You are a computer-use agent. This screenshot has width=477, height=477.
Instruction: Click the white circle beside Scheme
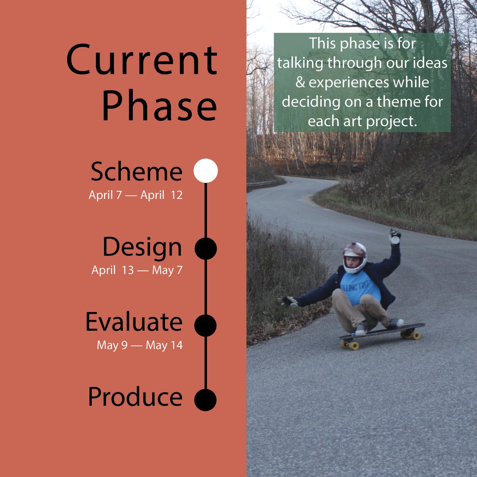click(206, 171)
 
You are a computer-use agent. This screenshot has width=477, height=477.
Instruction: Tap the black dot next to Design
click(206, 248)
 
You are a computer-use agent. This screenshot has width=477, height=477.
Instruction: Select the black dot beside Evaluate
click(206, 325)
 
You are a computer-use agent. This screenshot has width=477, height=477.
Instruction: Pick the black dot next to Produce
click(206, 399)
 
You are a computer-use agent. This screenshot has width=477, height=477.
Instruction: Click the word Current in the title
click(142, 60)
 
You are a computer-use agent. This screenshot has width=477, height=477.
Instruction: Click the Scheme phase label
click(136, 172)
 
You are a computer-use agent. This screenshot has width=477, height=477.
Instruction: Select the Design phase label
click(142, 247)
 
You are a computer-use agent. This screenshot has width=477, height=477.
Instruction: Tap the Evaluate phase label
click(134, 322)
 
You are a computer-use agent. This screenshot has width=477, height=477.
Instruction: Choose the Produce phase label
click(135, 397)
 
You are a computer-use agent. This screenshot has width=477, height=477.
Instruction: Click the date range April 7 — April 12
click(136, 196)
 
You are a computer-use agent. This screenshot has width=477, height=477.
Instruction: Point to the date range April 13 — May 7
click(137, 270)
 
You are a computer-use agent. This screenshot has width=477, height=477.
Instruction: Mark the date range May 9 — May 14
click(140, 345)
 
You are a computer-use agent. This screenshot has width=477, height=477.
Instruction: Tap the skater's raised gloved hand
click(395, 236)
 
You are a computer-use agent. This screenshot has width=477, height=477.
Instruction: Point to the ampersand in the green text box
click(300, 83)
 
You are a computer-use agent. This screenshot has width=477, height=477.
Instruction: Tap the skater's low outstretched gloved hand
click(289, 301)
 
